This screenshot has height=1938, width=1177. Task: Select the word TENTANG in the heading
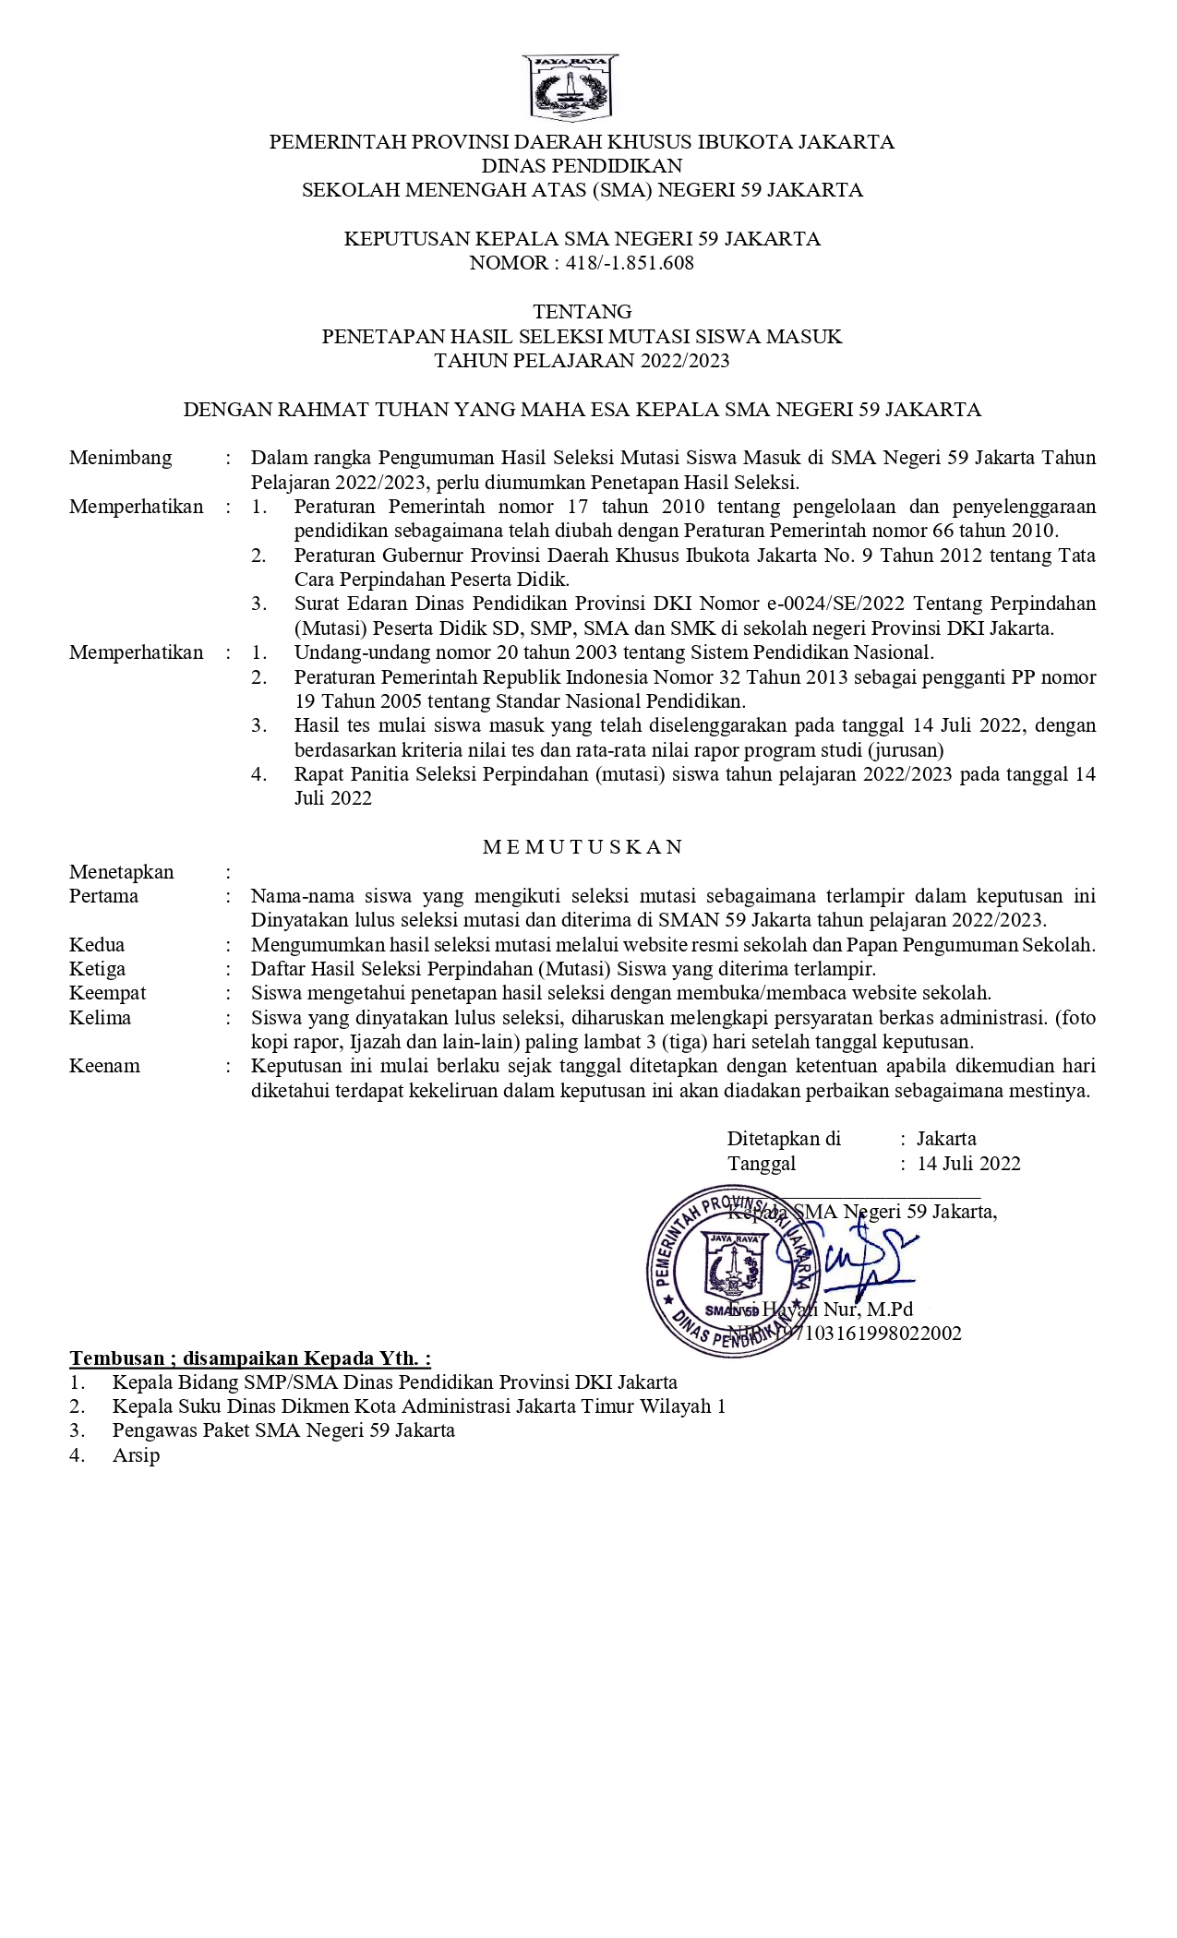(x=582, y=311)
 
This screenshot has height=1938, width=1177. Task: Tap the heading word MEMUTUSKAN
(x=582, y=847)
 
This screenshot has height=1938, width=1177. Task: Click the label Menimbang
(x=120, y=458)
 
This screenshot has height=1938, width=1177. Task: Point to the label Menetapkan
(x=121, y=872)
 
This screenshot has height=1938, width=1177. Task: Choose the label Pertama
(x=103, y=896)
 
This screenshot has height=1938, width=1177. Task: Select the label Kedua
(x=97, y=945)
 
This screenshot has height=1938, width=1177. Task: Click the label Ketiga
(x=97, y=969)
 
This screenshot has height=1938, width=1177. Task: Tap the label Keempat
(x=107, y=993)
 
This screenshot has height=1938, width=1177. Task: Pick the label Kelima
(x=100, y=1018)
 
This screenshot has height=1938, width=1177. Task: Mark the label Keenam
(x=104, y=1066)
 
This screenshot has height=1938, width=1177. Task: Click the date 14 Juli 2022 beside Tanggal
(x=968, y=1164)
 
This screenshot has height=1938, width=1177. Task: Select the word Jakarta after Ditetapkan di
(x=946, y=1139)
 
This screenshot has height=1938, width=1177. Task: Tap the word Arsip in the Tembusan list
(x=136, y=1455)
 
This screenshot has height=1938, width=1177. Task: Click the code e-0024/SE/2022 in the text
(x=838, y=604)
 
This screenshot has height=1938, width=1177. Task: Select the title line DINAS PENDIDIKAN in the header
(x=582, y=166)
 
